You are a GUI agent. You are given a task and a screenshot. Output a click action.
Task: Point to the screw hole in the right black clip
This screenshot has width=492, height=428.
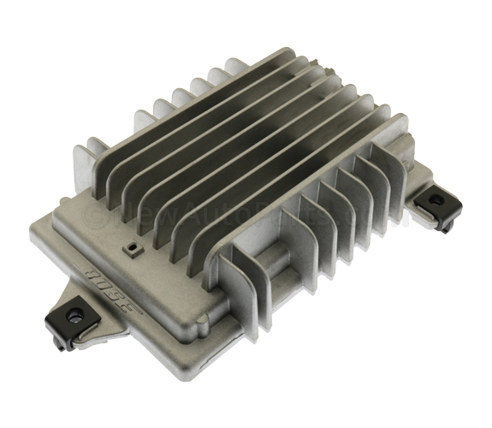pyautogui.click(x=436, y=199)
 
